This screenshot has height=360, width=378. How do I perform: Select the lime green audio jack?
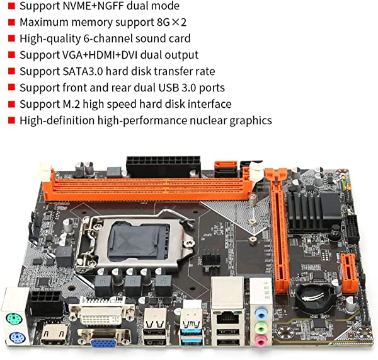tap(260, 327)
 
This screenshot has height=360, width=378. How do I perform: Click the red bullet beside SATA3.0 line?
tap(11, 71)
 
